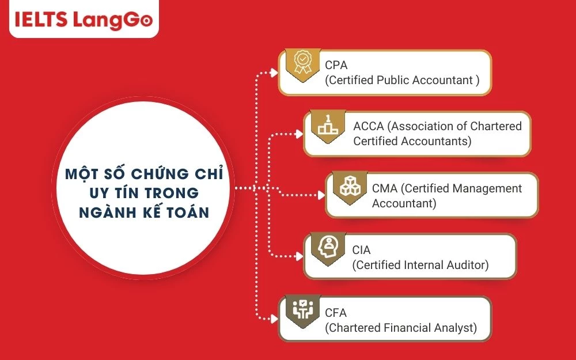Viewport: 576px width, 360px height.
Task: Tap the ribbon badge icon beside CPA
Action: (x=302, y=63)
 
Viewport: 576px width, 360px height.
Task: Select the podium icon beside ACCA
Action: (x=327, y=124)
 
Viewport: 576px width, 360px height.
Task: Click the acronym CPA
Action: (x=336, y=65)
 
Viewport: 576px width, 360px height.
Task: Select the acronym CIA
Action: (x=361, y=251)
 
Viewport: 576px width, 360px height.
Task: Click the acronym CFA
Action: (x=336, y=313)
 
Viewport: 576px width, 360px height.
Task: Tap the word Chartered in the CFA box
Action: (x=355, y=328)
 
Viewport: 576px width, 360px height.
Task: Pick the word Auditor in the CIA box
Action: (x=467, y=265)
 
